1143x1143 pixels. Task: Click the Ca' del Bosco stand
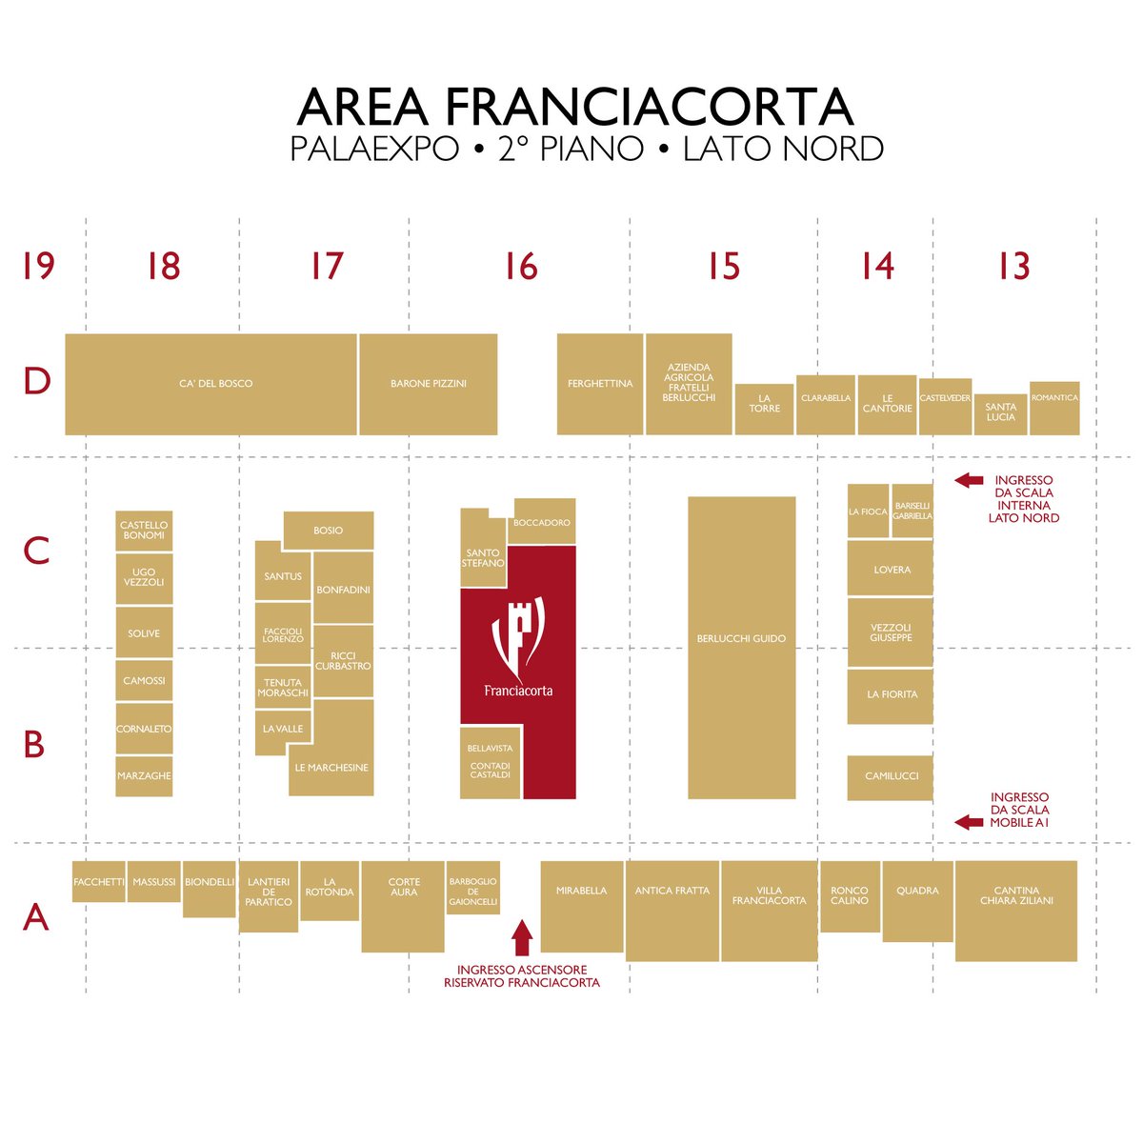[x=215, y=384]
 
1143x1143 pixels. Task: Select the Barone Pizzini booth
[x=429, y=384]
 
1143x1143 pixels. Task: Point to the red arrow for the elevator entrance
[x=521, y=937]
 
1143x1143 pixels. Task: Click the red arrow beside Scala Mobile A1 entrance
[x=969, y=821]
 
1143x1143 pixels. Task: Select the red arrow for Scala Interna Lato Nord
[x=969, y=481]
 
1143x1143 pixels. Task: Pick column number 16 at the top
[x=521, y=267]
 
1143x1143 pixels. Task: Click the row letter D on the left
[x=36, y=381]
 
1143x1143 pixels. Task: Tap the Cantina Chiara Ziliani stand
[x=1016, y=911]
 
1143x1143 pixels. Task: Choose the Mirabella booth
[x=582, y=906]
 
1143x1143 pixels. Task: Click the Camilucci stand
[x=890, y=777]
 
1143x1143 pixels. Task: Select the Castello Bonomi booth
[x=144, y=531]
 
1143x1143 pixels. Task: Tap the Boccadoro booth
[x=542, y=521]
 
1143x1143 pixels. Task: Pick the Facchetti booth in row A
[x=99, y=882]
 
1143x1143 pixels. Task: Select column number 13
[x=1014, y=267]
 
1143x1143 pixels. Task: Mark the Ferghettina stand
[x=600, y=384]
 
